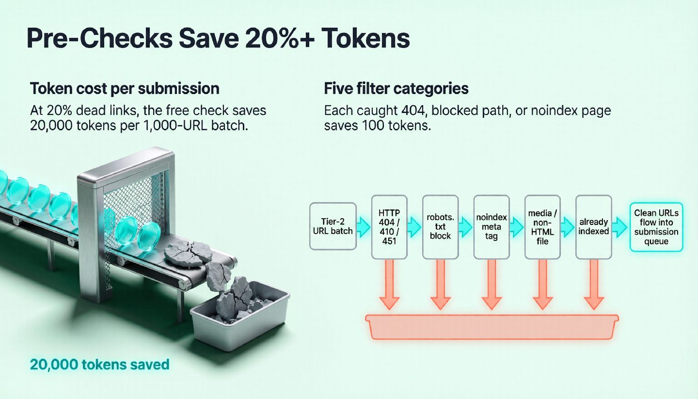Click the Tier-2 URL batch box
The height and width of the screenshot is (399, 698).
333,226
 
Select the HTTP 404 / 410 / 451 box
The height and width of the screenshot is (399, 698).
389,227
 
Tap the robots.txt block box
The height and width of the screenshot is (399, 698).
440,227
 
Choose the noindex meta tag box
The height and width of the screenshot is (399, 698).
492,227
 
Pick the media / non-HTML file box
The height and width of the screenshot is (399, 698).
542,227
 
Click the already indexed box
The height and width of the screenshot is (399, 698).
594,227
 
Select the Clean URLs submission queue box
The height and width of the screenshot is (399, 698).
656,227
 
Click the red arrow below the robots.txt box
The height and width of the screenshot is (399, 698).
440,284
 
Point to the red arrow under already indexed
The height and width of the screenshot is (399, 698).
594,284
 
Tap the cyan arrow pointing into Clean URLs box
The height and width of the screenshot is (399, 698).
620,227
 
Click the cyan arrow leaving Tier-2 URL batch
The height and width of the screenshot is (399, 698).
364,227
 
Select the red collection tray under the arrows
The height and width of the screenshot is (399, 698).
492,327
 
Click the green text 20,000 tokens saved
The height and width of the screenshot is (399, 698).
100,365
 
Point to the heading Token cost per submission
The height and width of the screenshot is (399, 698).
125,89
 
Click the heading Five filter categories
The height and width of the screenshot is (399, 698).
396,89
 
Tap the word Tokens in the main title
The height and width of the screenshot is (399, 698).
366,38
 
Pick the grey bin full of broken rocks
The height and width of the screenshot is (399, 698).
240,315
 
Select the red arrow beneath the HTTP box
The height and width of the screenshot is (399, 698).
389,284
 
